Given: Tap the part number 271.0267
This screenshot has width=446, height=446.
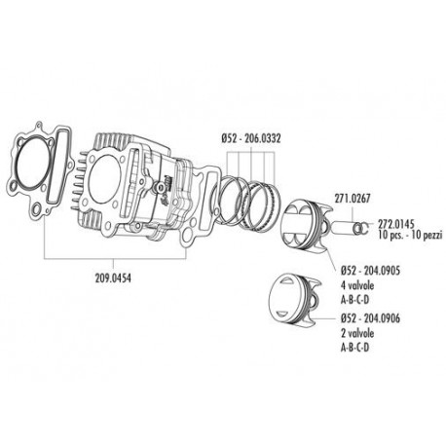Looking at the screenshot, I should [x=352, y=196].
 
